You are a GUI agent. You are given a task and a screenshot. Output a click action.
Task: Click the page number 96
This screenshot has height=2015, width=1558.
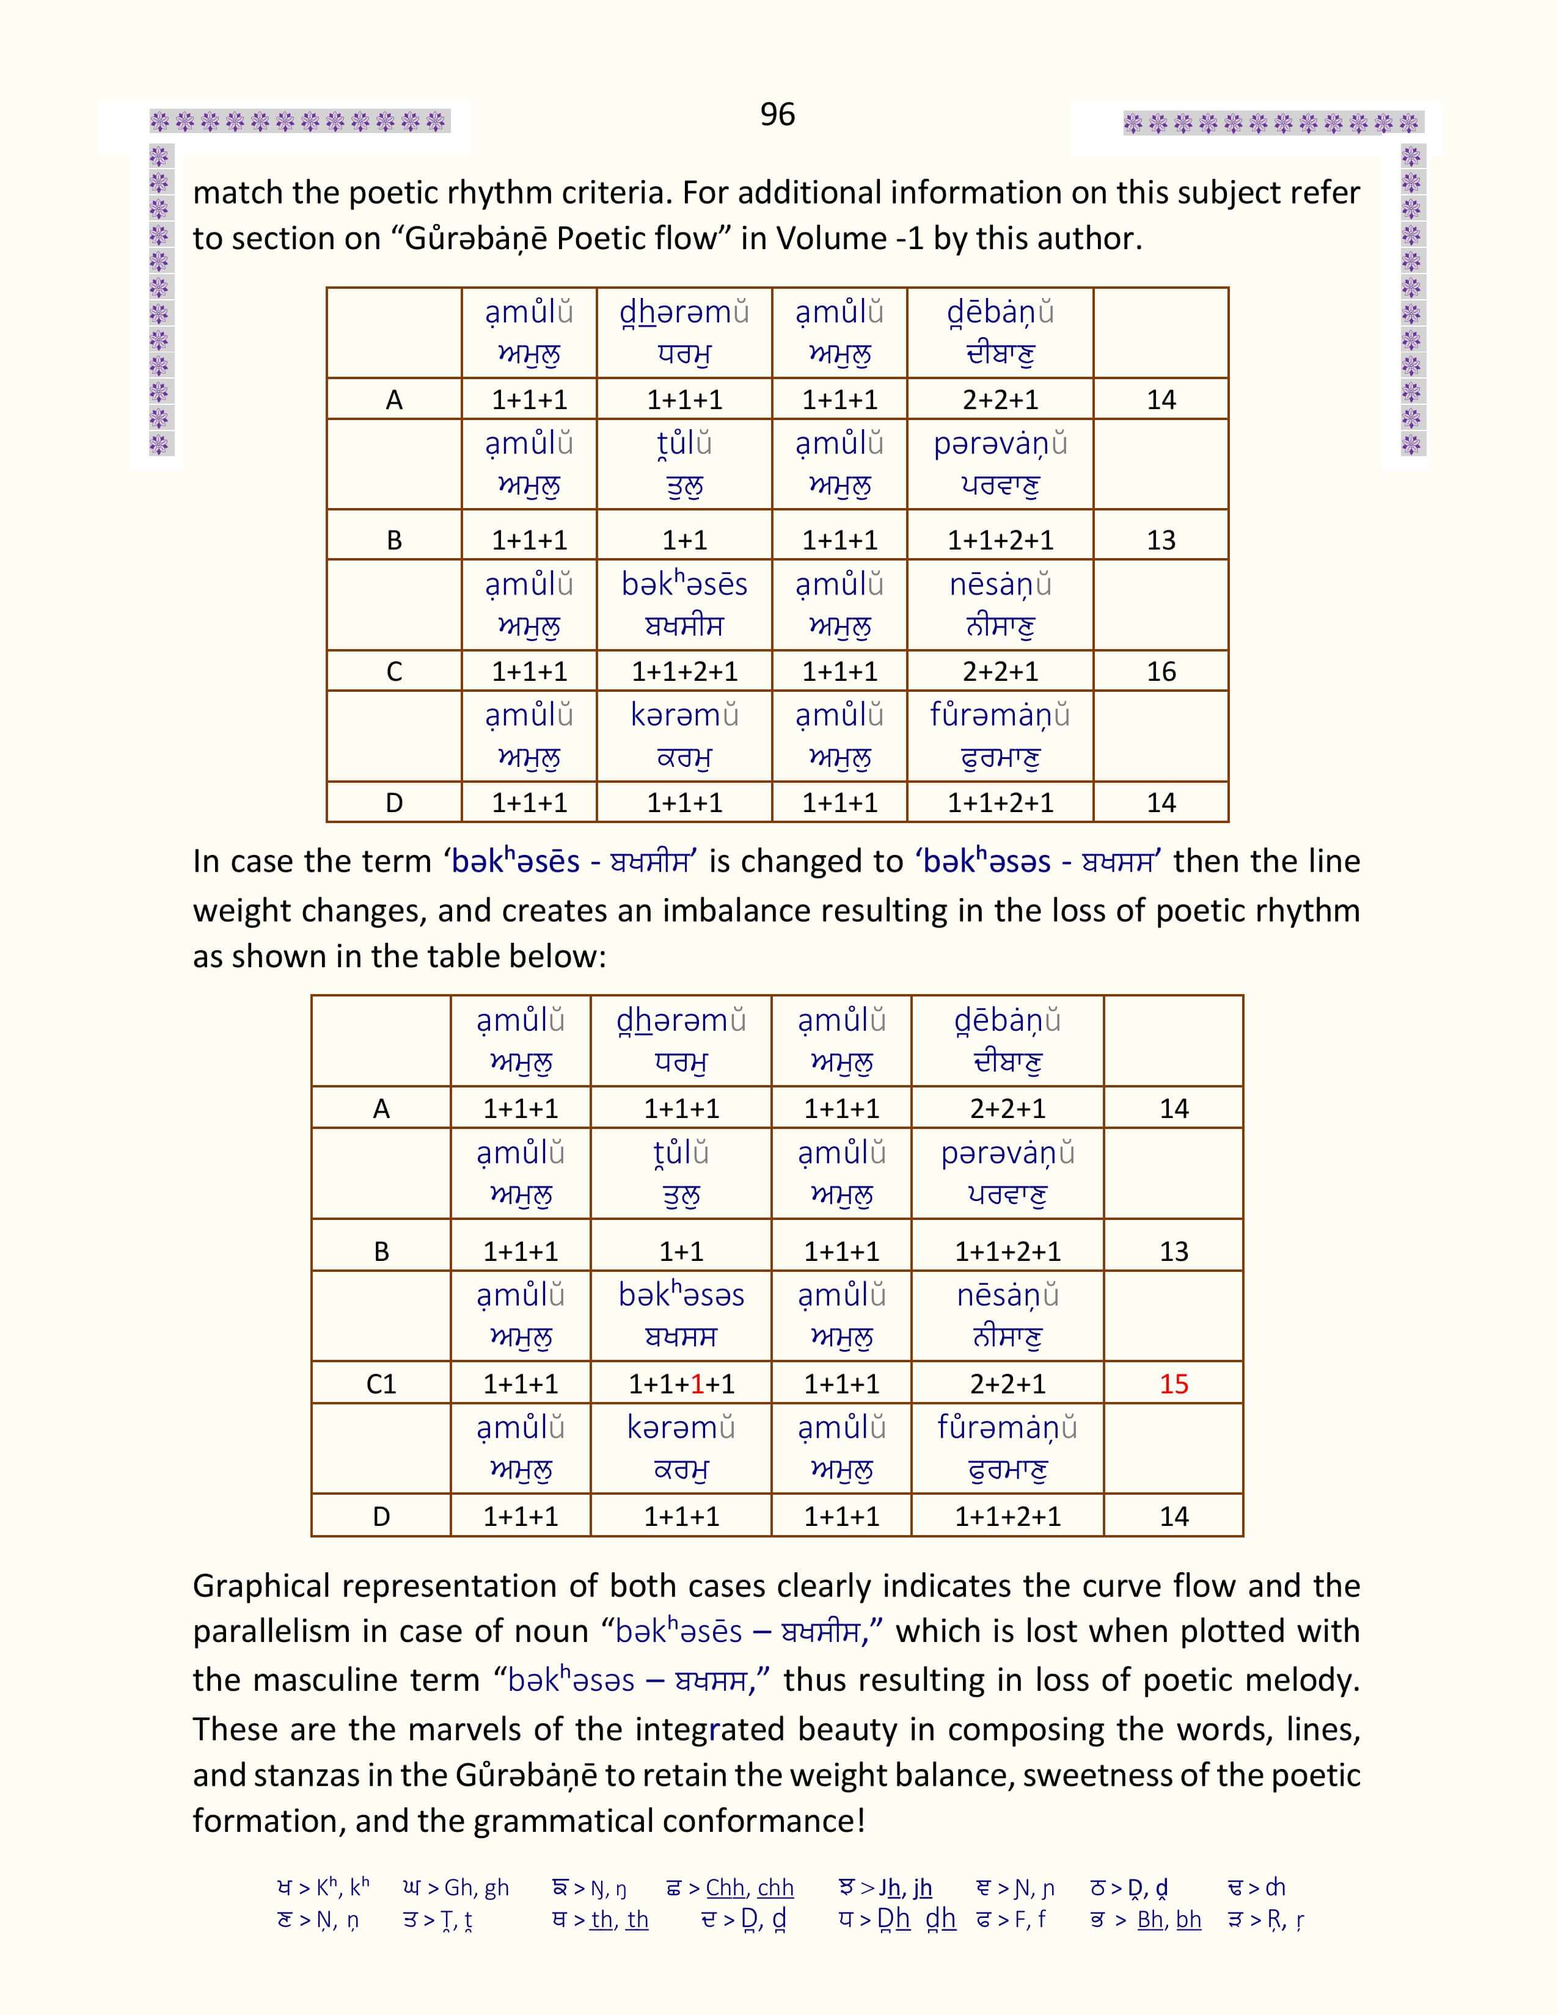pyautogui.click(x=777, y=114)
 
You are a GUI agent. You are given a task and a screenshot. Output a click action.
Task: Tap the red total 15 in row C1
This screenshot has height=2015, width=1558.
pyautogui.click(x=1173, y=1384)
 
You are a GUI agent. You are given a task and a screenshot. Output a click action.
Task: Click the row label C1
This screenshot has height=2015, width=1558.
pyautogui.click(x=381, y=1384)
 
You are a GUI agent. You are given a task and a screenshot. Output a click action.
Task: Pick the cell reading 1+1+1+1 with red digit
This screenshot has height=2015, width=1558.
pyautogui.click(x=681, y=1384)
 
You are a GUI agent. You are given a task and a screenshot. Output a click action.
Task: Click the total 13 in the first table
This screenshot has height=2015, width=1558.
pyautogui.click(x=1160, y=540)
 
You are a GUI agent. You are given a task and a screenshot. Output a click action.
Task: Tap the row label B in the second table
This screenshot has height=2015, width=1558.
pyautogui.click(x=381, y=1251)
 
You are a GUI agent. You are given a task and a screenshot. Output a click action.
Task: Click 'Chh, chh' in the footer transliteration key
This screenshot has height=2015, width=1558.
pyautogui.click(x=750, y=1887)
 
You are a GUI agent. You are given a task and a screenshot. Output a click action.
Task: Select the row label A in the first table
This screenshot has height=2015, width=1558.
pyautogui.click(x=394, y=399)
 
